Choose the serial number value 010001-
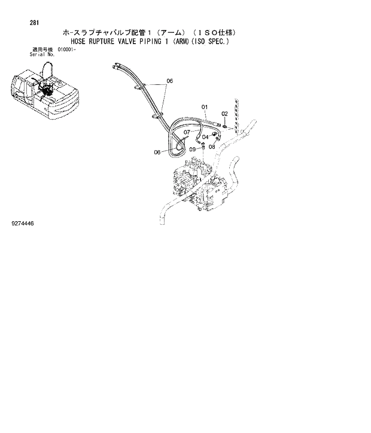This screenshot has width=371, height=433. (x=68, y=50)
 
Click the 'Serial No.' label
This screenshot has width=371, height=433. (x=42, y=54)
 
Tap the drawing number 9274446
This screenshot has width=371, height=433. (x=23, y=223)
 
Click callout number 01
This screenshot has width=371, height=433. (x=204, y=108)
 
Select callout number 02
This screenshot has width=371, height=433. (x=225, y=113)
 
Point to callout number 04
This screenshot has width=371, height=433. (x=205, y=137)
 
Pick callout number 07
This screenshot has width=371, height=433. (x=187, y=132)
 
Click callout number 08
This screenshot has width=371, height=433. (x=211, y=146)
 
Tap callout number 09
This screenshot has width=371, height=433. (x=193, y=150)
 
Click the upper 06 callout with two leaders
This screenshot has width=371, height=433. (x=169, y=81)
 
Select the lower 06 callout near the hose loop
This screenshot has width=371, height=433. (x=157, y=152)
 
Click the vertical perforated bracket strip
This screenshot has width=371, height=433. (x=239, y=117)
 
